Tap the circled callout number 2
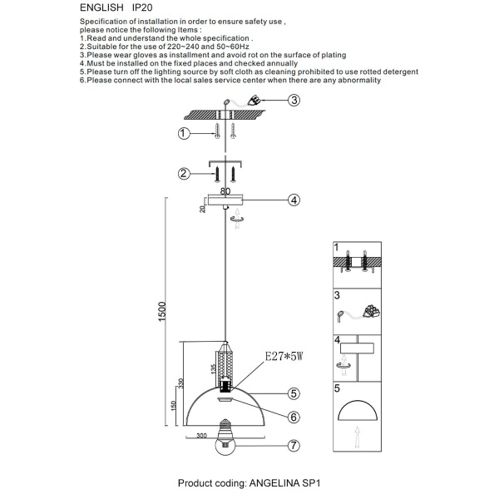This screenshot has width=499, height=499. click(x=183, y=174)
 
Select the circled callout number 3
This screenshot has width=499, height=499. click(x=294, y=101)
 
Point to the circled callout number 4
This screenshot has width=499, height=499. click(x=294, y=200)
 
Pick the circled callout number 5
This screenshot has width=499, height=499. click(x=294, y=393)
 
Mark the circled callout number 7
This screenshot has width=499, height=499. click(x=294, y=447)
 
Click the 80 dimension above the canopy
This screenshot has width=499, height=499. click(x=225, y=191)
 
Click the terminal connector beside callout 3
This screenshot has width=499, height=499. click(x=259, y=101)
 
